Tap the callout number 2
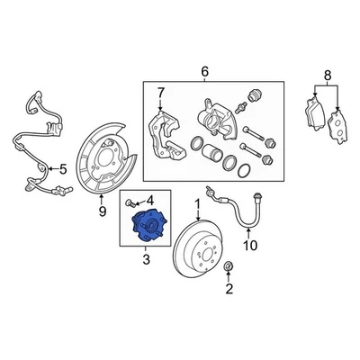(x=229, y=289)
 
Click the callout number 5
(x=62, y=167)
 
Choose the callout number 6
(x=203, y=71)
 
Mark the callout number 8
(x=328, y=76)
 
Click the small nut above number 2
(x=229, y=266)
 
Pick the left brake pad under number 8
(x=311, y=115)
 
